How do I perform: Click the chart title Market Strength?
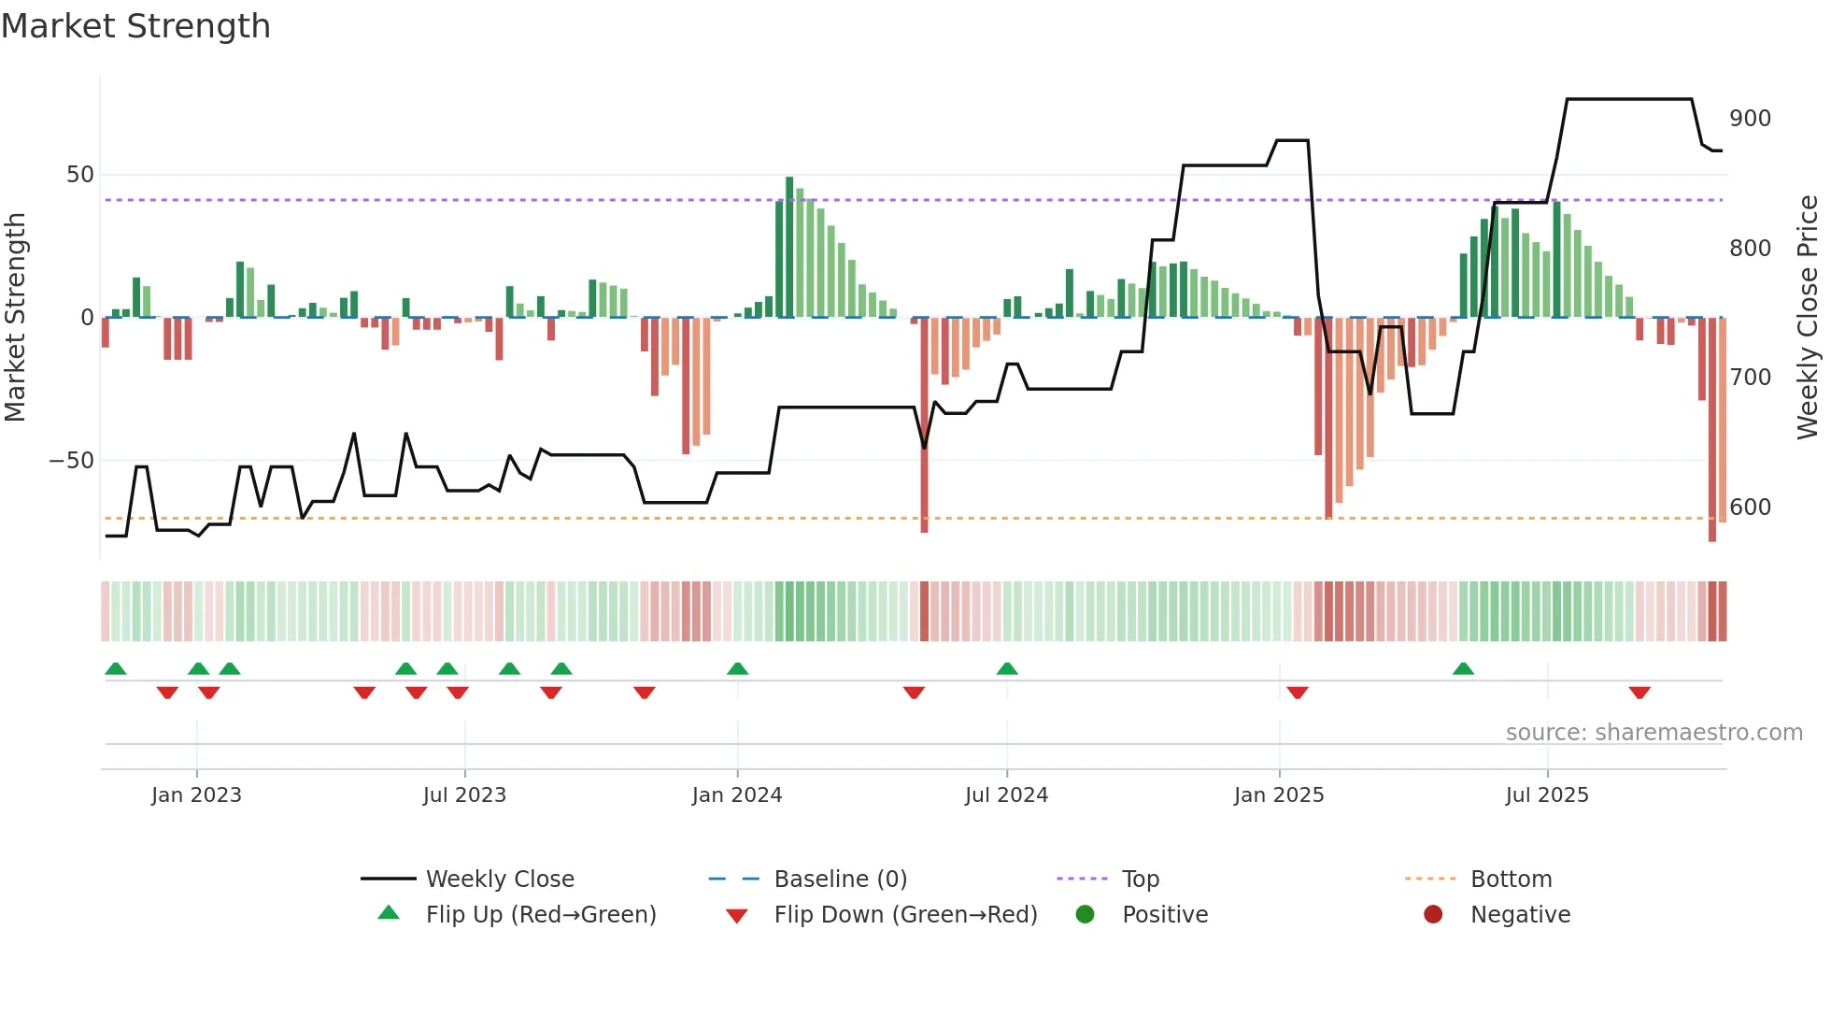tap(135, 26)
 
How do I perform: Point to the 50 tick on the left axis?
tap(80, 175)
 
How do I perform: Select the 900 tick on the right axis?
tap(1750, 119)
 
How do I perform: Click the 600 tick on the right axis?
tap(1750, 508)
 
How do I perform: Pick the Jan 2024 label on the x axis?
tap(736, 795)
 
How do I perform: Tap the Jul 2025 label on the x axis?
tap(1546, 795)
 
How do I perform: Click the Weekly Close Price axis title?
tap(1808, 318)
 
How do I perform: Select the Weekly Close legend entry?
tap(499, 880)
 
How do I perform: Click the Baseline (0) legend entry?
tap(840, 880)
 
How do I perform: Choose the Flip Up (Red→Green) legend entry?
tap(540, 915)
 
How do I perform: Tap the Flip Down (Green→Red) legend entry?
tap(904, 915)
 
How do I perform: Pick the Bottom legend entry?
tap(1511, 880)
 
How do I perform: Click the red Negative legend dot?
tap(1433, 914)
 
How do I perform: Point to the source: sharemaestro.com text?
tap(1654, 733)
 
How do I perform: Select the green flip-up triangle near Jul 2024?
tap(1007, 668)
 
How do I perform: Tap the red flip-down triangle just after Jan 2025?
tap(1298, 693)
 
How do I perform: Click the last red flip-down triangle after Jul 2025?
tap(1639, 693)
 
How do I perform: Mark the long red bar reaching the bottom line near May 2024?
tap(924, 425)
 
